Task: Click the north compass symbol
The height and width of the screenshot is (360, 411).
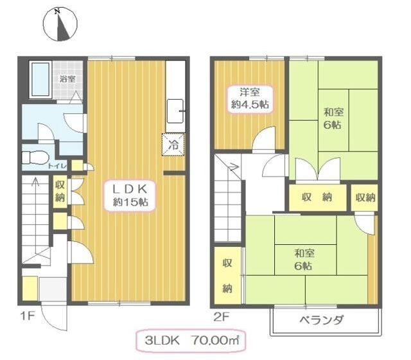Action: [x=60, y=24]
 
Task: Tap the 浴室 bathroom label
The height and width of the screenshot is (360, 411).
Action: [x=67, y=78]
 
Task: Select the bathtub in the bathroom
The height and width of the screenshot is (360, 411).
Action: [x=40, y=80]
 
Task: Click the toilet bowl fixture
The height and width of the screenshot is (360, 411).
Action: [x=36, y=157]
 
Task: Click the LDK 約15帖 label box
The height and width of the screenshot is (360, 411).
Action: [x=130, y=195]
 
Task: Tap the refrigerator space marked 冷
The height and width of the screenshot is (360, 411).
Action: [x=173, y=145]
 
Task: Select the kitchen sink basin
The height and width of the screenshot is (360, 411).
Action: [x=175, y=111]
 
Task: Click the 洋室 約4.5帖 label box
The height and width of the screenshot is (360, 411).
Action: [x=250, y=99]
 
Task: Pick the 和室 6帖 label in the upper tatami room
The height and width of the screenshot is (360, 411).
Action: [x=333, y=118]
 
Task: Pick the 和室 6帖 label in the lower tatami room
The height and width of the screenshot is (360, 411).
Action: [x=304, y=260]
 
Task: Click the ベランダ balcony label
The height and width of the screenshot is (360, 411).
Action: [x=321, y=320]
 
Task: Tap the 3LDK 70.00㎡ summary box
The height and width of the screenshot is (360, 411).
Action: [x=191, y=341]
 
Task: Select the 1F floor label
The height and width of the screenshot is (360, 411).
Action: [x=27, y=316]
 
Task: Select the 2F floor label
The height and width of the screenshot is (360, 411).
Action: [x=221, y=318]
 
